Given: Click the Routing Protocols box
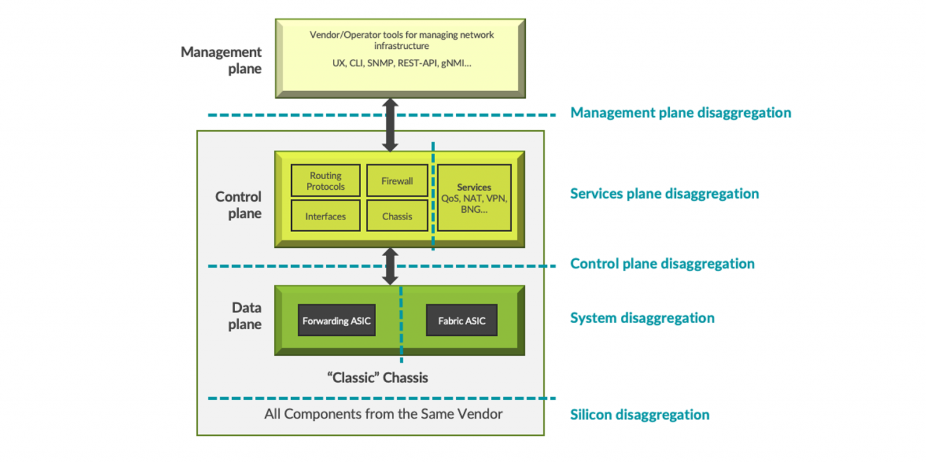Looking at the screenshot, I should [x=326, y=181].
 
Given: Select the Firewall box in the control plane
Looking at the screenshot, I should [x=397, y=181].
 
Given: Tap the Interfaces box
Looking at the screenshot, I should [x=326, y=216].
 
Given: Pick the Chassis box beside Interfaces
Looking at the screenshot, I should [x=397, y=216].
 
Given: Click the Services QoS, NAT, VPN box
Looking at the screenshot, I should [x=474, y=198].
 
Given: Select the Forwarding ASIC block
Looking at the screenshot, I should [x=337, y=321].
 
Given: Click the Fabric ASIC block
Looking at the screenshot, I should [x=461, y=321].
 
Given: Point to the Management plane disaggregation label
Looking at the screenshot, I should [x=681, y=113].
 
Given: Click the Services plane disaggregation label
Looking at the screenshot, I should [x=664, y=194].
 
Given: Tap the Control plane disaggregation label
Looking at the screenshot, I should [x=662, y=263].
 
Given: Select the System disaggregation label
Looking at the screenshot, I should [x=642, y=318].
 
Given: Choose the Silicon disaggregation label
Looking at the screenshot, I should [x=640, y=415].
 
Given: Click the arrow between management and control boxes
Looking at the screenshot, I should [x=391, y=125].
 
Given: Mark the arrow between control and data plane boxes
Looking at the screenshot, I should [x=391, y=266].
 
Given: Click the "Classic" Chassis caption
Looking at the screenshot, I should [x=377, y=378].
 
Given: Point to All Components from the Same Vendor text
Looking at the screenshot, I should [x=383, y=414].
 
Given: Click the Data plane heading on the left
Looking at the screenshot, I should [x=247, y=316].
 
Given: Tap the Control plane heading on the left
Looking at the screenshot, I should [x=239, y=205].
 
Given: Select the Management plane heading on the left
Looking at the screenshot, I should [x=221, y=60].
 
